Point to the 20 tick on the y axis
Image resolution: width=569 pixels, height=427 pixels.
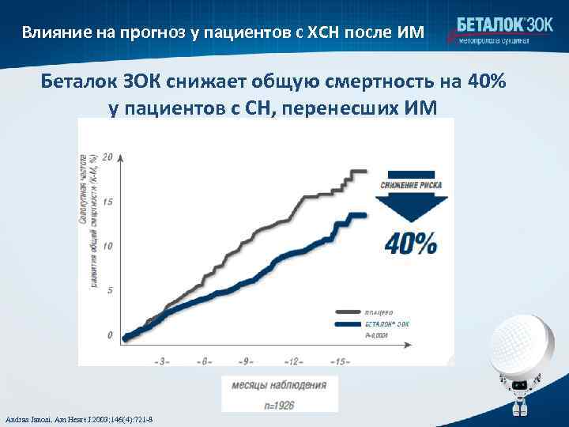pos(108,156)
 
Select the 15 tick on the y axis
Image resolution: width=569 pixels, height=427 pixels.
pos(108,202)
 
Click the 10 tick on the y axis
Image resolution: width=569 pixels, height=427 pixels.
pos(108,246)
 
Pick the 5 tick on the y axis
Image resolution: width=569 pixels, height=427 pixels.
pos(109,290)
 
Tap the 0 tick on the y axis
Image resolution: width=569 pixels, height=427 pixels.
pos(110,334)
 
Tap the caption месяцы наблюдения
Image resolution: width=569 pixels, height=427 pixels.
pos(279,386)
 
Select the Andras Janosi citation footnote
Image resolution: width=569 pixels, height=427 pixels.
pos(79,418)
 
